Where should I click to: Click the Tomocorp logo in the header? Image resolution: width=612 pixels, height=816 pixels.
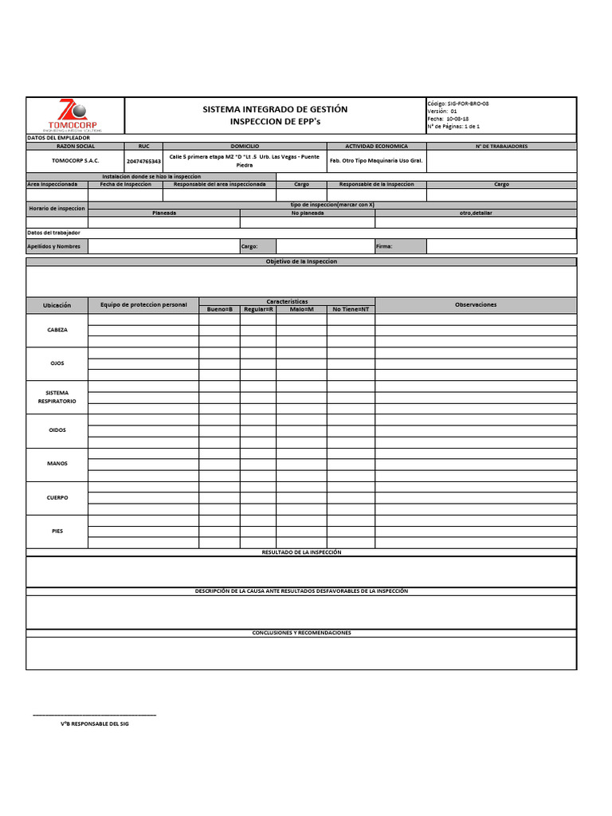click(75, 116)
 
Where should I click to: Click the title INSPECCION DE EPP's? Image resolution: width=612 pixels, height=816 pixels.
click(275, 122)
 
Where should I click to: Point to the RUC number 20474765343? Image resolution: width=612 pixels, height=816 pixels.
click(143, 161)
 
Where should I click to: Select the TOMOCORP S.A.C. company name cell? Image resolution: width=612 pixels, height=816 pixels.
click(75, 160)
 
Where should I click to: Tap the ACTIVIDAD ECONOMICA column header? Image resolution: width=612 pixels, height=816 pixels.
click(376, 147)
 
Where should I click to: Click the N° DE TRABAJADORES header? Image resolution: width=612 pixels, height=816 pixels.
click(501, 147)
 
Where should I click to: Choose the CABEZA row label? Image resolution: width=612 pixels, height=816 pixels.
click(57, 330)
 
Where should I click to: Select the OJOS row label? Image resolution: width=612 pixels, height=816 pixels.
click(57, 363)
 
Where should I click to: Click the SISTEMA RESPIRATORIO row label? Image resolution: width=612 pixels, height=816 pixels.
click(57, 397)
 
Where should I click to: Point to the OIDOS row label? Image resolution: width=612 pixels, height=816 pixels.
click(57, 430)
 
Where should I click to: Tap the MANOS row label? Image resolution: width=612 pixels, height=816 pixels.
click(57, 464)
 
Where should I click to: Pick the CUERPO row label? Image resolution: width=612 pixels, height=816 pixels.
click(57, 498)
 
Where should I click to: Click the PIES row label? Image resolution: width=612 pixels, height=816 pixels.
click(57, 531)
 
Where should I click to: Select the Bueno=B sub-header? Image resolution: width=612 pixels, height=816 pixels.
click(219, 309)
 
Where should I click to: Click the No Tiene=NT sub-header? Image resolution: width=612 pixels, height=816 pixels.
click(351, 309)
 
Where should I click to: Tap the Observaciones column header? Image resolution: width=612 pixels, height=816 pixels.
click(476, 304)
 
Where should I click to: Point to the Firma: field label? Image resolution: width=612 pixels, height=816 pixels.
click(384, 247)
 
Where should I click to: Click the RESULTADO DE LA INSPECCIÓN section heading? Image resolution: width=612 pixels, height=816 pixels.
click(301, 552)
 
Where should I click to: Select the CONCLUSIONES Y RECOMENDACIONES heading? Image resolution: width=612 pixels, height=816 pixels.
click(301, 633)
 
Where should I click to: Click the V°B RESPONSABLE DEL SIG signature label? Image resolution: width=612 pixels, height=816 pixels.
click(94, 724)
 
